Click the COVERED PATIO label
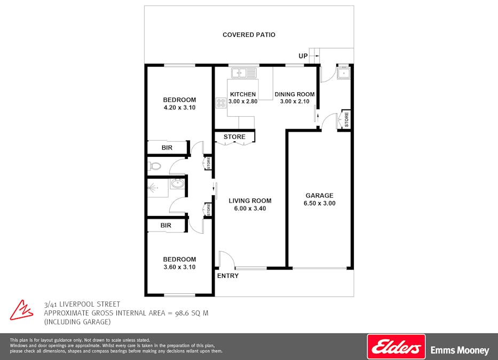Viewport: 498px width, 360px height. pyautogui.click(x=249, y=35)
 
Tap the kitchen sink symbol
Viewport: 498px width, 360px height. pyautogui.click(x=243, y=73)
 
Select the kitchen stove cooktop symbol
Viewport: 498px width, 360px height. pyautogui.click(x=221, y=102)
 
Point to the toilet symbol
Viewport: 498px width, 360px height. pyautogui.click(x=155, y=166)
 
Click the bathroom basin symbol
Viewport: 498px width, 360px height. pyautogui.click(x=177, y=183)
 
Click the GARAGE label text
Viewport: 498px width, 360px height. pyautogui.click(x=320, y=196)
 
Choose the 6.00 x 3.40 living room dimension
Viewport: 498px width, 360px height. pyautogui.click(x=250, y=208)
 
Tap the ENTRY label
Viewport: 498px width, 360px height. pyautogui.click(x=228, y=276)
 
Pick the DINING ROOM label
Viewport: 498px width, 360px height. pyautogui.click(x=295, y=94)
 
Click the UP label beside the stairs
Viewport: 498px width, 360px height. pyautogui.click(x=303, y=56)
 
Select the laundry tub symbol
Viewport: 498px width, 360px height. pyautogui.click(x=344, y=74)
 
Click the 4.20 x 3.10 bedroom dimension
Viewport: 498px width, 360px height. pyautogui.click(x=179, y=107)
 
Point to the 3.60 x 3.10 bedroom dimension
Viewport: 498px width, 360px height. pyautogui.click(x=179, y=267)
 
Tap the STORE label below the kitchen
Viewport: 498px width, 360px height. pyautogui.click(x=234, y=137)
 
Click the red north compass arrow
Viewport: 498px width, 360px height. pyautogui.click(x=21, y=310)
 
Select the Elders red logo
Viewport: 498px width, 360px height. pyautogui.click(x=396, y=347)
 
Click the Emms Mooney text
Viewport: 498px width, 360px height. pyautogui.click(x=460, y=350)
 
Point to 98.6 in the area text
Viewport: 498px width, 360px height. pyautogui.click(x=182, y=313)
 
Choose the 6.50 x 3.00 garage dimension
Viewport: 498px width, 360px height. pyautogui.click(x=320, y=203)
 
